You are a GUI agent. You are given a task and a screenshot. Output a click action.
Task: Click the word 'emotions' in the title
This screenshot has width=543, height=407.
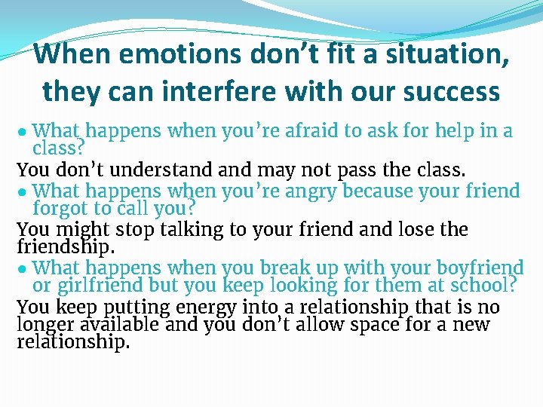click(x=155, y=54)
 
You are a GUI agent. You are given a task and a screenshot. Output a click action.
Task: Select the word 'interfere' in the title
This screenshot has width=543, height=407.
click(x=238, y=91)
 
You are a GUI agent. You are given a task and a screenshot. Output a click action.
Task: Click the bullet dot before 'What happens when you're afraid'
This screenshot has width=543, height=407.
click(x=23, y=132)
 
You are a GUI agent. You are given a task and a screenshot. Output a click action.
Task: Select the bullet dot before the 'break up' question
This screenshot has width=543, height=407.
click(x=23, y=268)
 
